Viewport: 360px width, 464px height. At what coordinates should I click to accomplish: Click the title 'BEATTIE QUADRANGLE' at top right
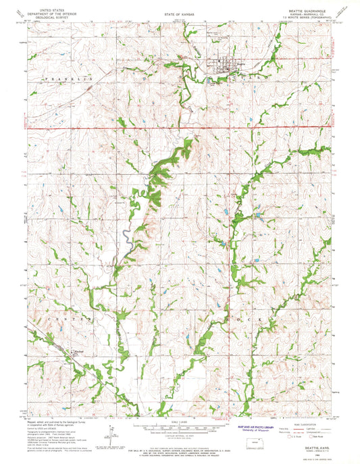click(x=309, y=12)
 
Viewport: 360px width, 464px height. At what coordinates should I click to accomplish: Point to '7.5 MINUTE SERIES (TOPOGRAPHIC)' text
click(x=309, y=20)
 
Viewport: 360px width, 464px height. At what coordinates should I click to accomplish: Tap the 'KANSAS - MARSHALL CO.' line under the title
click(x=309, y=16)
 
